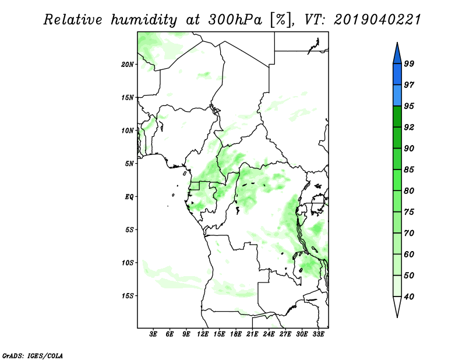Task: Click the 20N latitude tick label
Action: coord(128,64)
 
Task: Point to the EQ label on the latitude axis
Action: coord(129,196)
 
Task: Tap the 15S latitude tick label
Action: coord(128,295)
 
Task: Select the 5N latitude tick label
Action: coord(129,163)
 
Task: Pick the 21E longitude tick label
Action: coord(252,335)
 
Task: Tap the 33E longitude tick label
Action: coord(318,335)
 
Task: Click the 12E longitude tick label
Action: coord(203,335)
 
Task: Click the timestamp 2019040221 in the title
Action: coord(377,20)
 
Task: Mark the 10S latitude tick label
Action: coord(128,263)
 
